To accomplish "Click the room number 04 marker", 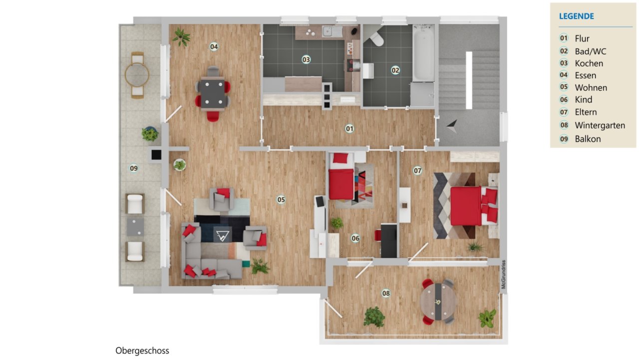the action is (214, 46).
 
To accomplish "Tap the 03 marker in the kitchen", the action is (306, 59).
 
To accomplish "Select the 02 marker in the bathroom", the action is (395, 70).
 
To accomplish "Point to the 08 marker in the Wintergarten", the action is (386, 293).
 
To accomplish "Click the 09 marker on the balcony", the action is (133, 168).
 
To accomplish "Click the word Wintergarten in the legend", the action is (600, 125).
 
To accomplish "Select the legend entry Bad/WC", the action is (591, 51).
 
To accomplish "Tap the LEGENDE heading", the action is (576, 16).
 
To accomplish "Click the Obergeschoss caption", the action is (142, 351).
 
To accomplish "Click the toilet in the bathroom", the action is (375, 38).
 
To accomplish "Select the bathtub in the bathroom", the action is (423, 53).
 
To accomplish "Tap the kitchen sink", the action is (332, 31).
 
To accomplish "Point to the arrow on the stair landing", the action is (453, 126).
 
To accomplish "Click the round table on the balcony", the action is (137, 75).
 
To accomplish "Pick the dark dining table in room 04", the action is (213, 94).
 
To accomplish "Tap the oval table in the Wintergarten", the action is (438, 302).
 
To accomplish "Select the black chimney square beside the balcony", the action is (156, 155).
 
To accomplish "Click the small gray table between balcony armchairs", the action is (135, 227).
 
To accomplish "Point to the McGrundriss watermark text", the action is (504, 274).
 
